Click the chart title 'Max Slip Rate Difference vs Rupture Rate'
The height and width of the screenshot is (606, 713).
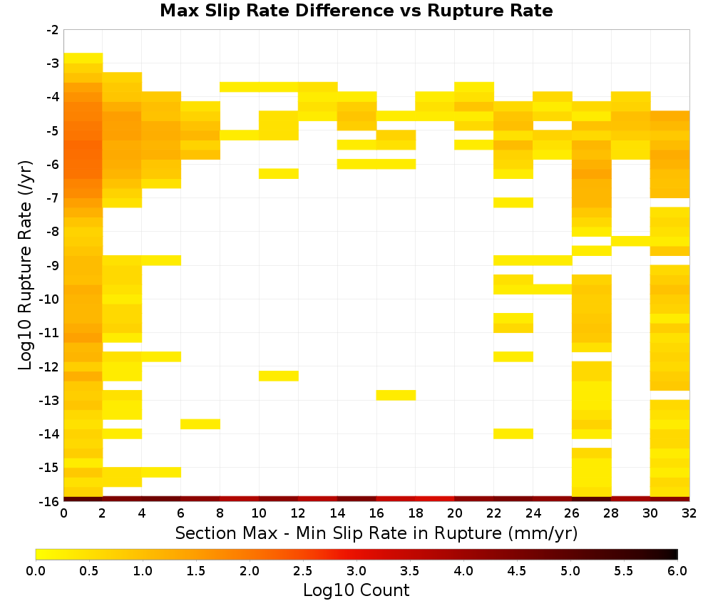click(x=356, y=11)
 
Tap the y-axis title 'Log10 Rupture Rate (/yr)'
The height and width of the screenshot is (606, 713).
click(x=25, y=265)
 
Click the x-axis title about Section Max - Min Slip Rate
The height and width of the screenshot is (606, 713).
click(x=376, y=533)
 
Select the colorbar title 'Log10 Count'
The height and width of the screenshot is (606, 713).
click(x=356, y=590)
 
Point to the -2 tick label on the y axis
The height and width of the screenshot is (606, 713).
click(x=53, y=30)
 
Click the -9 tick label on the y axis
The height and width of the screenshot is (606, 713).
click(x=53, y=265)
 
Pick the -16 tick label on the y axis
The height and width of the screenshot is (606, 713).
click(x=50, y=501)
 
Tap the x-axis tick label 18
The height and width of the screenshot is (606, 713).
click(x=416, y=513)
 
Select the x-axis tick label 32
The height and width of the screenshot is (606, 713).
click(x=689, y=513)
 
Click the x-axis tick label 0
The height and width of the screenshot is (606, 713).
click(x=63, y=513)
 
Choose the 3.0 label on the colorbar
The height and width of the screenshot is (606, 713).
click(x=356, y=571)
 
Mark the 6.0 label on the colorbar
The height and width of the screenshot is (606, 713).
click(x=677, y=571)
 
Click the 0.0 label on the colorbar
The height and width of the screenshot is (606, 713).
click(x=36, y=571)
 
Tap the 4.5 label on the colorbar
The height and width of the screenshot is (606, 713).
click(x=517, y=571)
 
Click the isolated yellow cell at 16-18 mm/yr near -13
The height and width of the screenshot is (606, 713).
click(x=396, y=395)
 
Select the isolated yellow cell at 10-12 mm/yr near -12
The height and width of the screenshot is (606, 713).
click(x=279, y=376)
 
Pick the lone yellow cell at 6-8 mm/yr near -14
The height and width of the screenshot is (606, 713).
click(x=200, y=424)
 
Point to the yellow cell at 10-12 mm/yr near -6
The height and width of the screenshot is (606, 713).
click(x=279, y=174)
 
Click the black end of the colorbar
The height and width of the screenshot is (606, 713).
click(x=676, y=554)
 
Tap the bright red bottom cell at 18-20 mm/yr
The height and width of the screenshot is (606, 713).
click(x=435, y=499)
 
